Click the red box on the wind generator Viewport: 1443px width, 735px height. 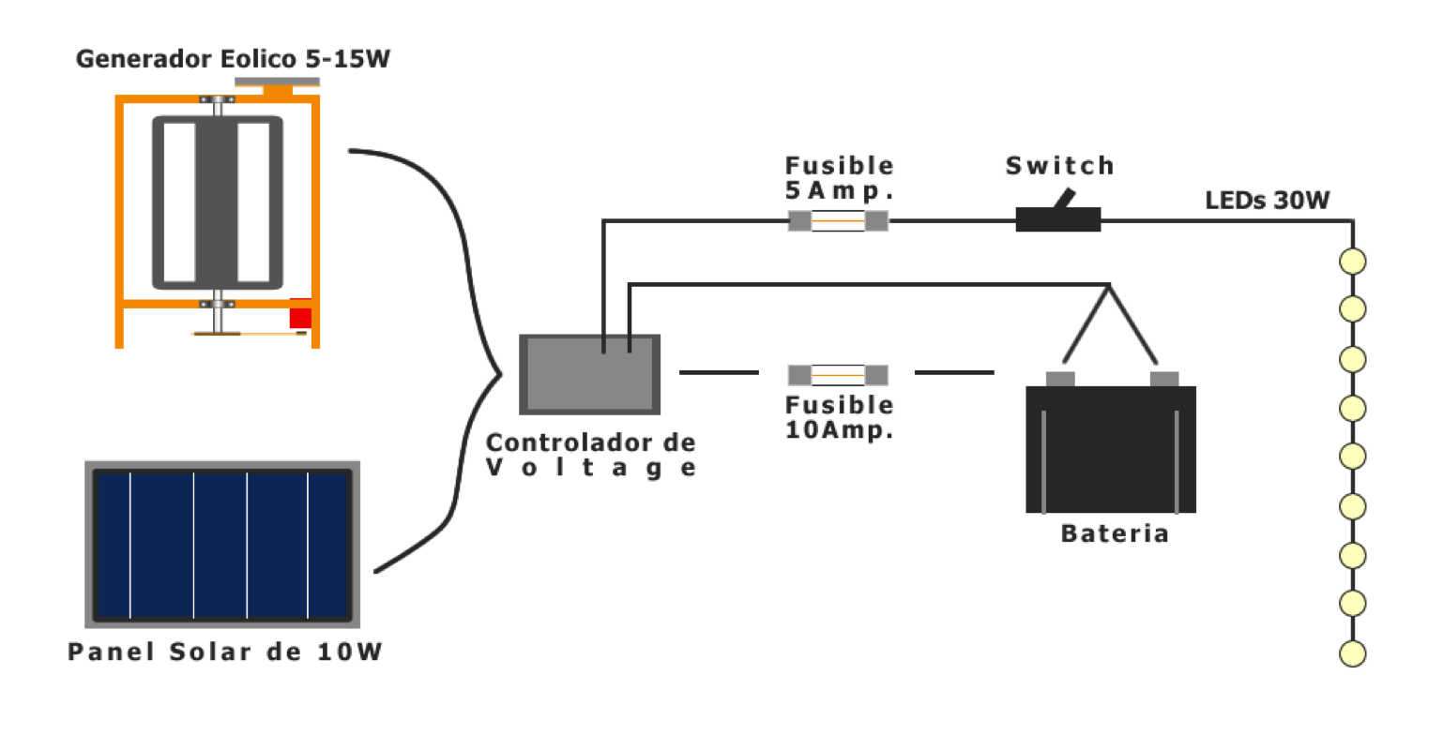[299, 314]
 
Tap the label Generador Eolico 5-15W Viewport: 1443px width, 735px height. [232, 59]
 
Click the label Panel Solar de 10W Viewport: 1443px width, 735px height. [225, 652]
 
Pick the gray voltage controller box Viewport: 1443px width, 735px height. [590, 374]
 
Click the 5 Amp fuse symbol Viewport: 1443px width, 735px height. [838, 221]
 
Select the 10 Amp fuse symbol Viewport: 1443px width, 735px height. [838, 375]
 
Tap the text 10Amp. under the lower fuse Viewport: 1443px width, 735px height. [838, 431]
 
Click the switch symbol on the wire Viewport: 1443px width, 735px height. [1058, 218]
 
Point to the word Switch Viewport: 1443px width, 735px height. [1058, 166]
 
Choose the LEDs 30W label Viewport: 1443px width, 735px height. [1267, 200]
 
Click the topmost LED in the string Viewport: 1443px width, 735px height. [1352, 261]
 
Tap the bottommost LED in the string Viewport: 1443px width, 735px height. [1352, 653]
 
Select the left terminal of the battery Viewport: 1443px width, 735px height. [1060, 378]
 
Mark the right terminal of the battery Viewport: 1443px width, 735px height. [1163, 378]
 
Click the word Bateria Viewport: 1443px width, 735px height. [1114, 533]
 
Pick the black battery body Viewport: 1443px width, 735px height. [1111, 450]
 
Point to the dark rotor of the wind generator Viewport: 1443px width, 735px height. [217, 202]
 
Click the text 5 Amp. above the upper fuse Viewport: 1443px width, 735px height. [838, 192]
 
